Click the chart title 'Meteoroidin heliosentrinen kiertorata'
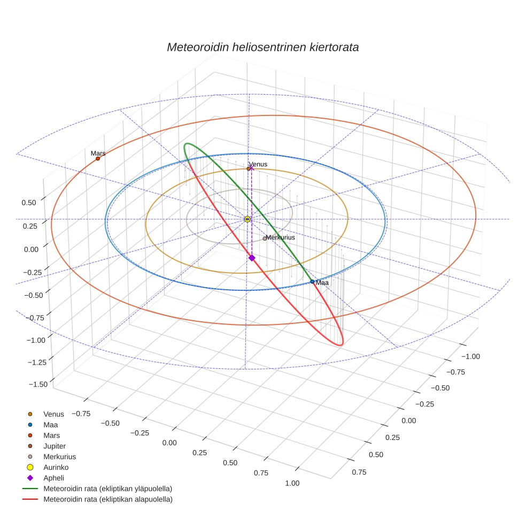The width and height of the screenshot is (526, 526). [x=262, y=47]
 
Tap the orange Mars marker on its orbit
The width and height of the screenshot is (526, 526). [x=98, y=158]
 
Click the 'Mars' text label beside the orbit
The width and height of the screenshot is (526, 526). [x=98, y=153]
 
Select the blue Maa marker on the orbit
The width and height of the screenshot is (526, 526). [x=312, y=282]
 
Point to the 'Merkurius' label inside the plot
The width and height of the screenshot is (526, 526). [x=280, y=237]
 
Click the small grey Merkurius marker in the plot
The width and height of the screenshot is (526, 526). [x=265, y=238]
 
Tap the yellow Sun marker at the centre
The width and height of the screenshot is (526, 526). [x=247, y=219]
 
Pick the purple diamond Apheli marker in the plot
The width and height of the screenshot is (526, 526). [x=252, y=258]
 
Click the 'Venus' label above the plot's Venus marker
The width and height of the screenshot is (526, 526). [x=258, y=164]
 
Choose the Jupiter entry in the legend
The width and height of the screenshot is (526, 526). [x=55, y=446]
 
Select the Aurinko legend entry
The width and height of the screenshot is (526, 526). [x=56, y=467]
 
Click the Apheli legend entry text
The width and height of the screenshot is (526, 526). [x=53, y=478]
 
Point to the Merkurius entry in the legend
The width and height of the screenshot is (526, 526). [x=59, y=457]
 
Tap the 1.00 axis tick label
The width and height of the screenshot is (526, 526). [x=293, y=483]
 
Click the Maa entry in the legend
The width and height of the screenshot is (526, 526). [x=50, y=424]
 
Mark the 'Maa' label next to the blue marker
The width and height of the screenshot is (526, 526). [x=322, y=282]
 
